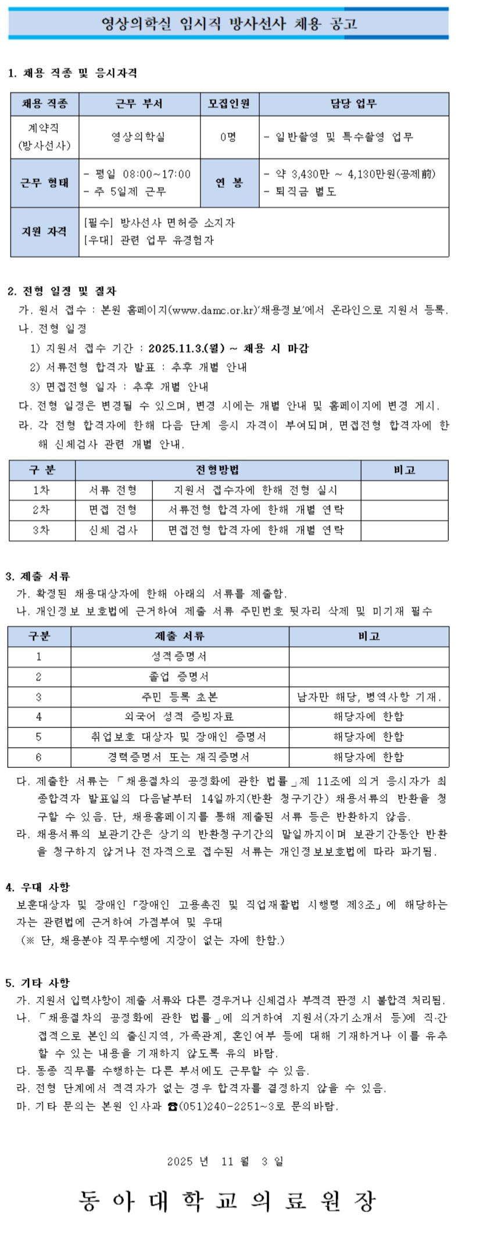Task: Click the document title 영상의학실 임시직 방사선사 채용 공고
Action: pos(228,24)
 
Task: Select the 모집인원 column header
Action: pos(229,104)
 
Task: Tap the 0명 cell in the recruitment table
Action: pos(228,137)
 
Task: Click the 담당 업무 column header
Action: pos(353,104)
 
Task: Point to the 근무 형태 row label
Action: pos(44,183)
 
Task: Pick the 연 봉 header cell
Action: pos(229,183)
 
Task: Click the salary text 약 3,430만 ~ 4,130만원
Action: pos(349,174)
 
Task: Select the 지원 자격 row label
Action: pos(44,231)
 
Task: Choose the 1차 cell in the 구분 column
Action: pos(41,490)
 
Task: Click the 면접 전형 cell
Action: pos(113,510)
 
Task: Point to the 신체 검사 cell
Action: pos(113,530)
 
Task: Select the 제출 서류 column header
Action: pos(180,636)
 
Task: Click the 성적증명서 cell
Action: pos(179,656)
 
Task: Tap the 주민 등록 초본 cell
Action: pos(179,696)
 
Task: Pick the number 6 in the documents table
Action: pos(38,757)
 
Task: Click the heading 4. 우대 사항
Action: pos(38,887)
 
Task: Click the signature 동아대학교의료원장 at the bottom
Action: pos(228,1200)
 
